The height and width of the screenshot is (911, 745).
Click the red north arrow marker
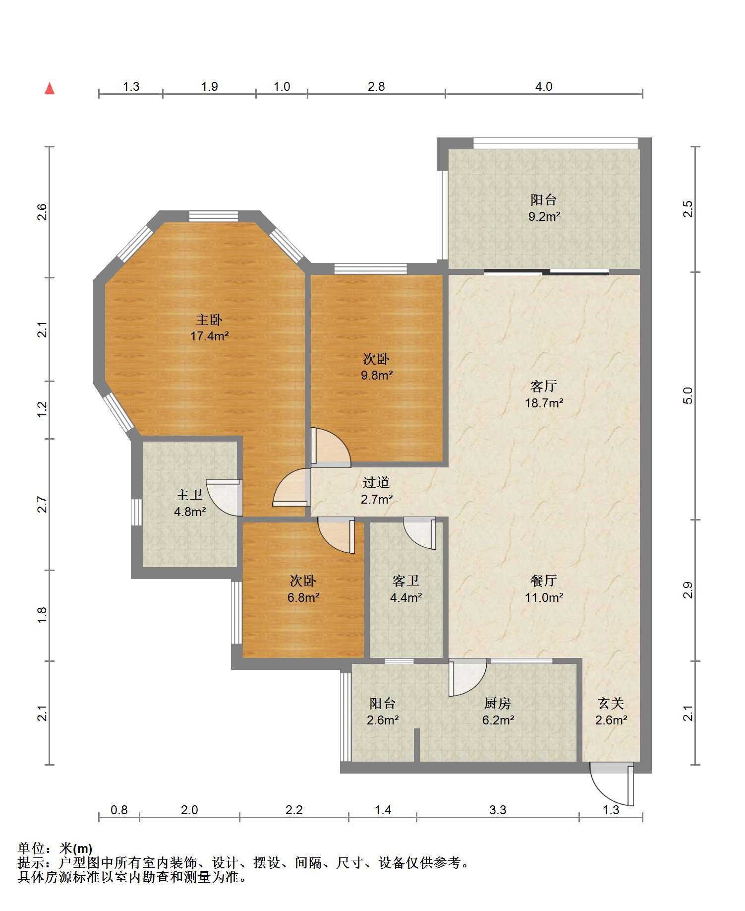[x=50, y=89]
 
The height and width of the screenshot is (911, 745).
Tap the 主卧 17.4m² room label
[x=209, y=328]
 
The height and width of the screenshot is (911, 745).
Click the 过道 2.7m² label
[x=376, y=491]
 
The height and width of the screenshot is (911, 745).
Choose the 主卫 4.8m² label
[x=189, y=503]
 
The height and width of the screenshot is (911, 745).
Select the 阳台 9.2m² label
[x=544, y=208]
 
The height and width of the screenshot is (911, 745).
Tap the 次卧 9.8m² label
[x=376, y=367]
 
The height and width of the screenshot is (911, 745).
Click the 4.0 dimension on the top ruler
[x=544, y=86]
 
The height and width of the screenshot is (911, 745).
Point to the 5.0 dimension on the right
[x=688, y=395]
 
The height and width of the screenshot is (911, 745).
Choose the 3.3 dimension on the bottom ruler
[x=498, y=810]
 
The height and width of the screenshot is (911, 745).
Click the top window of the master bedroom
[x=214, y=216]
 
